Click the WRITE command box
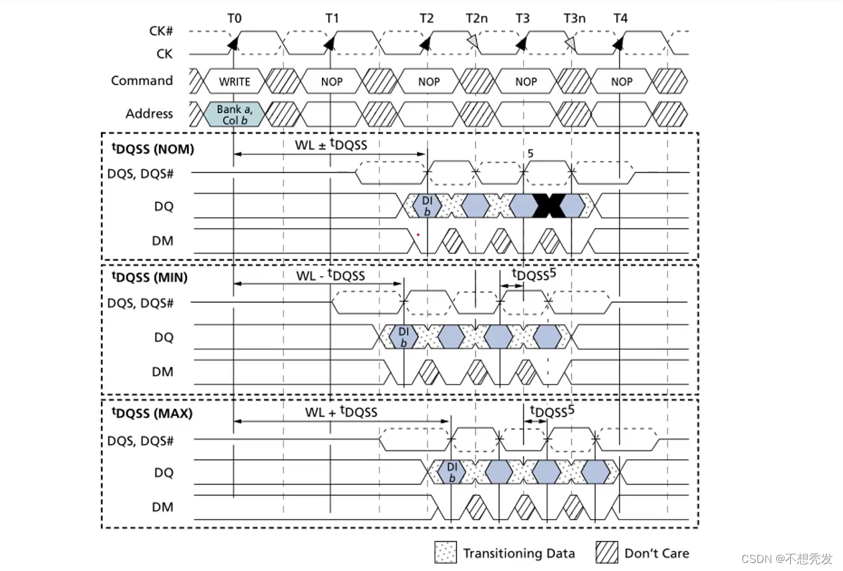coord(234,82)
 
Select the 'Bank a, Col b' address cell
coord(234,114)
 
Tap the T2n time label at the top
coord(477,18)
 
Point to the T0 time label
coord(234,18)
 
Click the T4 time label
coord(620,18)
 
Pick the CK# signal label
coord(160,31)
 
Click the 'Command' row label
coord(142,81)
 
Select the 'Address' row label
coord(149,114)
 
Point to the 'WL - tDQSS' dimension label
coord(331,275)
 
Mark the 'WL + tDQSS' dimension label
coord(341,411)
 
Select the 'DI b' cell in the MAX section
coord(452,472)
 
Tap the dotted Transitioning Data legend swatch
coord(445,553)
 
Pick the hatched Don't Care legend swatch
coord(607,553)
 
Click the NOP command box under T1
coord(331,82)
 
